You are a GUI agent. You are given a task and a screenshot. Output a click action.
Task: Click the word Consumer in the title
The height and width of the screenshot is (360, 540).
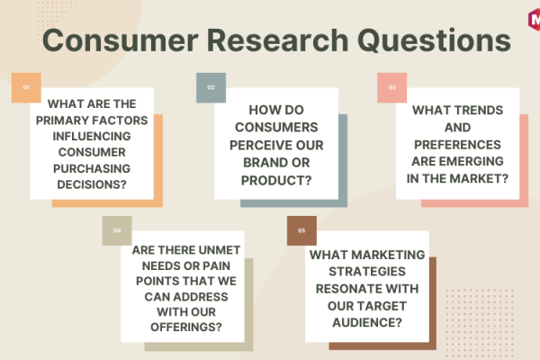point(121,40)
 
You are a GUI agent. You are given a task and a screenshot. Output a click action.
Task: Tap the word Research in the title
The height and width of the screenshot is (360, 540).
point(278,40)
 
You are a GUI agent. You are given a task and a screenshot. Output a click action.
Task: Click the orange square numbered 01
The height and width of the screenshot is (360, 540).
point(26,87)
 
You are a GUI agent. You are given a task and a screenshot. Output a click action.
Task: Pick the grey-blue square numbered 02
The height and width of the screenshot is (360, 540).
point(211,87)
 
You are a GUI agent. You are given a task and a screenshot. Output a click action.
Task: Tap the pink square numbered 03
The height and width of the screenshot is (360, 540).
point(391,87)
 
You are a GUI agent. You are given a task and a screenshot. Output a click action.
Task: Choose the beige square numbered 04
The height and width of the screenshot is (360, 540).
point(117,230)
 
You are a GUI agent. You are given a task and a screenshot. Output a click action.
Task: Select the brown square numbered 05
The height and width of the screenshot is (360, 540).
point(301,230)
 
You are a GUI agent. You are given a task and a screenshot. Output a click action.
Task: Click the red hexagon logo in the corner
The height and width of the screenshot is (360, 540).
point(534,19)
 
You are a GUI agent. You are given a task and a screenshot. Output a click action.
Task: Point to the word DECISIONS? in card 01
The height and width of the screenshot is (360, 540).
point(92,184)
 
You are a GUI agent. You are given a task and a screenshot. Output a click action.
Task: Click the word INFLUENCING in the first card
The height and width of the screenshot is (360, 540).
point(92,137)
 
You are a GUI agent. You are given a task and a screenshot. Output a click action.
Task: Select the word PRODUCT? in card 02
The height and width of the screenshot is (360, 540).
point(276,181)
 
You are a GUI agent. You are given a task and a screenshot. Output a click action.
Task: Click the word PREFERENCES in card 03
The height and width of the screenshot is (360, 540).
point(457,145)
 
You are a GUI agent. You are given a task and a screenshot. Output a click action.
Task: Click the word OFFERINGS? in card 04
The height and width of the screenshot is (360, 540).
point(186,327)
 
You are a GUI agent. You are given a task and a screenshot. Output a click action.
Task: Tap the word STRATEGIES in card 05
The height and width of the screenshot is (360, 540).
point(367,272)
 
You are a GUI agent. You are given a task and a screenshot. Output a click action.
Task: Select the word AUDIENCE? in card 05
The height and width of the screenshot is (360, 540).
point(367,322)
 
